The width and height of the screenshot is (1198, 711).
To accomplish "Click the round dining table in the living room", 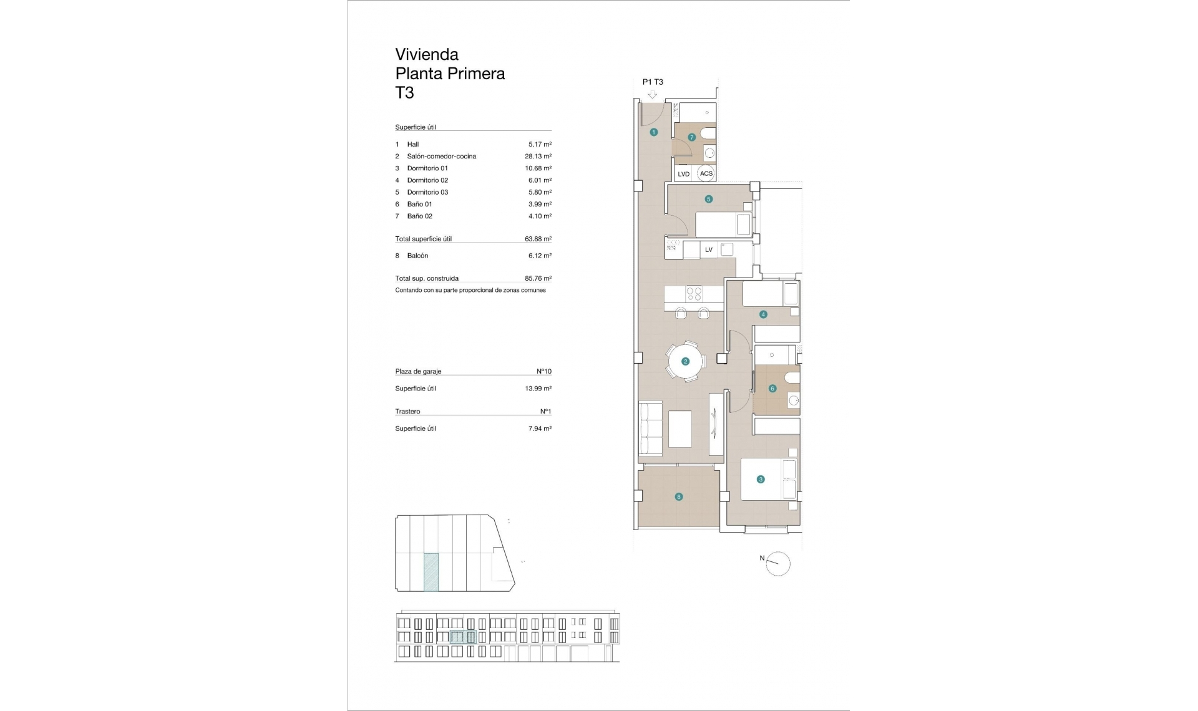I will [685, 361].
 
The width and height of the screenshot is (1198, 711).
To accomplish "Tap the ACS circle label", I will [706, 173].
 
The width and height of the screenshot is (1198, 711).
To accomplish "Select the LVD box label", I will [683, 174].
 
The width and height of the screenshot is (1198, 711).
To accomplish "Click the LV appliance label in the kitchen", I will [708, 249].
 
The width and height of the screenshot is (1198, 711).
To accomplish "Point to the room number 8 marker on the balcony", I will [679, 497].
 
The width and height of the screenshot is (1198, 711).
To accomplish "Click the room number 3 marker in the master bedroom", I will [760, 480].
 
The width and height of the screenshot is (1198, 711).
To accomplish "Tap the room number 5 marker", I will [708, 200].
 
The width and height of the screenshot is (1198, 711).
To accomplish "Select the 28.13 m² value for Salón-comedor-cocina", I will [538, 157].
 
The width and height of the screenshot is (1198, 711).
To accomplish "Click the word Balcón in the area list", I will [417, 256].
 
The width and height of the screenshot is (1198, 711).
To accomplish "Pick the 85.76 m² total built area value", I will [538, 279].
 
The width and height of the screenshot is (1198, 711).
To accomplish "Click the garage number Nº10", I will [543, 371].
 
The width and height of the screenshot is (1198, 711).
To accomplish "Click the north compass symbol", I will [777, 564].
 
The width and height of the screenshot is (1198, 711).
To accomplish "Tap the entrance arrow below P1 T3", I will [653, 95].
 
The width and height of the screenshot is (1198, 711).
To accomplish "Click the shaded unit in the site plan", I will [431, 572].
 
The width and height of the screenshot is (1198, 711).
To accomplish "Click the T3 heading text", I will [404, 93].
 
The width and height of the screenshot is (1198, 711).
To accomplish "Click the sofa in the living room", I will [650, 428].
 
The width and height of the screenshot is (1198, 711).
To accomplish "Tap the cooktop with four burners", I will [694, 294].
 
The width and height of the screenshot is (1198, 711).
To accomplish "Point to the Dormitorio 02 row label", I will [427, 180].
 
